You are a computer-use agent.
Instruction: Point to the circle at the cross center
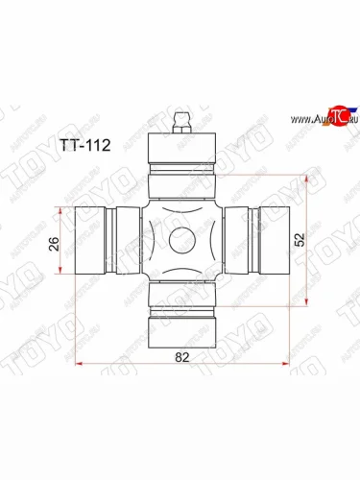[180, 239]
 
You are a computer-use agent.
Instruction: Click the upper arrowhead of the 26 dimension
[66, 210]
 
